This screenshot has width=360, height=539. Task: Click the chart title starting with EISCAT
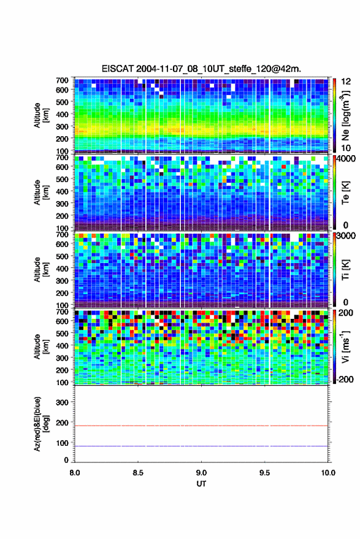click(x=201, y=69)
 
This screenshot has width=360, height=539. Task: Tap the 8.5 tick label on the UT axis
click(x=138, y=473)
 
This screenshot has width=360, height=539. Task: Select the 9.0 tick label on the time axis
click(x=201, y=473)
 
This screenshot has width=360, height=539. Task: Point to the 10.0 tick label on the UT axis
click(x=328, y=473)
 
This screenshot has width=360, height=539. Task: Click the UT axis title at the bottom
click(x=201, y=484)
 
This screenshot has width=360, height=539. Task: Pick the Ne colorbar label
click(x=345, y=115)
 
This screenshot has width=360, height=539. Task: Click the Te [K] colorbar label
click(x=345, y=193)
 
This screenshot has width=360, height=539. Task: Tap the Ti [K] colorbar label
click(x=345, y=270)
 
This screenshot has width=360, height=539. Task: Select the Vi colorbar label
click(x=345, y=346)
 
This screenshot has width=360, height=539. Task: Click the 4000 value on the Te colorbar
click(x=345, y=159)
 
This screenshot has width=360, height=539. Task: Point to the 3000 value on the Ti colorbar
click(x=345, y=236)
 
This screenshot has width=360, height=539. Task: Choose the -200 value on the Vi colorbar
click(x=344, y=379)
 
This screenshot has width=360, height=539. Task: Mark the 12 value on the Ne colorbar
click(x=345, y=82)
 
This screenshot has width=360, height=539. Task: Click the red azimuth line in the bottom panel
click(x=201, y=426)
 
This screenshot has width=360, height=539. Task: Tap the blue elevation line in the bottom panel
click(x=201, y=446)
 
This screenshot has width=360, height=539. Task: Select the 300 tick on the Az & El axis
click(x=62, y=402)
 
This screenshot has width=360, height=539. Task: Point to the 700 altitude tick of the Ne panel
click(x=62, y=80)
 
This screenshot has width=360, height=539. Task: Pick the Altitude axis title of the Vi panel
click(x=41, y=346)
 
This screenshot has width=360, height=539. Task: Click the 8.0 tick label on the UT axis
click(x=75, y=473)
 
